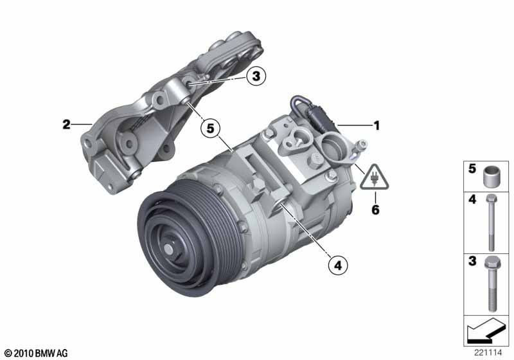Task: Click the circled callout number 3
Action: click(256, 76)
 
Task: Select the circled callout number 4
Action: click(338, 265)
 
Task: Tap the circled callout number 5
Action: click(210, 128)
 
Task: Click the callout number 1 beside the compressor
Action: click(377, 125)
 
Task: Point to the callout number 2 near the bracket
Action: click(67, 124)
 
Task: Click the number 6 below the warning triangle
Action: click(375, 209)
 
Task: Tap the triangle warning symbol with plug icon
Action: click(375, 177)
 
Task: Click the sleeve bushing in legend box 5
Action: click(492, 177)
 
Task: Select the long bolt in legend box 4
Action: click(491, 222)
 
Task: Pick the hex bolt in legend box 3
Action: click(492, 283)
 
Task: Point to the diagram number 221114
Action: click(488, 353)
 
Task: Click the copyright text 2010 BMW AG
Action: click(37, 354)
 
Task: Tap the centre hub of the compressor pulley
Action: click(169, 249)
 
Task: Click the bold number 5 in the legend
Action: click(472, 168)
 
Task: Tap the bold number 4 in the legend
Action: click(472, 199)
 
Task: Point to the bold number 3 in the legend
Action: click(472, 261)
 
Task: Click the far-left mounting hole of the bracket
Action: click(87, 143)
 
